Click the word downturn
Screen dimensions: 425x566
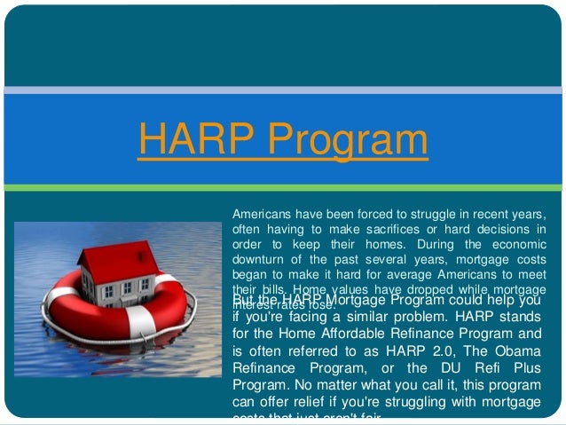point(263,259)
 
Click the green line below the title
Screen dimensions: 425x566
point(283,187)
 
